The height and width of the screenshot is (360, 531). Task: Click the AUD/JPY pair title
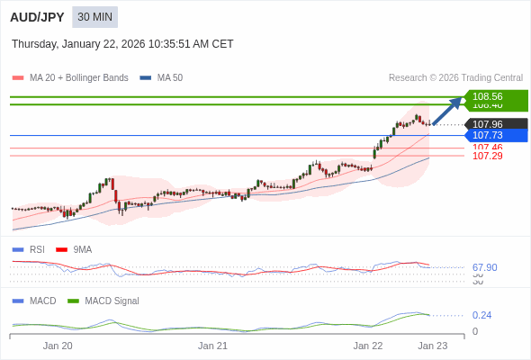tap(38, 17)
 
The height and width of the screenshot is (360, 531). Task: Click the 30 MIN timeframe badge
tap(95, 17)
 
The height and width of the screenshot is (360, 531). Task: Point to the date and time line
tap(122, 44)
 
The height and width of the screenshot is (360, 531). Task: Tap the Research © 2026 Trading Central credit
tap(455, 78)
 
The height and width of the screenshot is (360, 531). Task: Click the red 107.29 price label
tap(487, 156)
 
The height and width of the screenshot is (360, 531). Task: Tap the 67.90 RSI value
tap(484, 267)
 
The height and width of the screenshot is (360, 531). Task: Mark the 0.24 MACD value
tap(481, 315)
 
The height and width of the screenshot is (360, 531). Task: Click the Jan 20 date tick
tap(58, 346)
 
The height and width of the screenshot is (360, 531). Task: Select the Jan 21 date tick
tap(212, 346)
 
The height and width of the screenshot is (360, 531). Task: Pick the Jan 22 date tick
tap(368, 346)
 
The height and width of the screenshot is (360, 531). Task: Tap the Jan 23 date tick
tap(432, 346)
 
